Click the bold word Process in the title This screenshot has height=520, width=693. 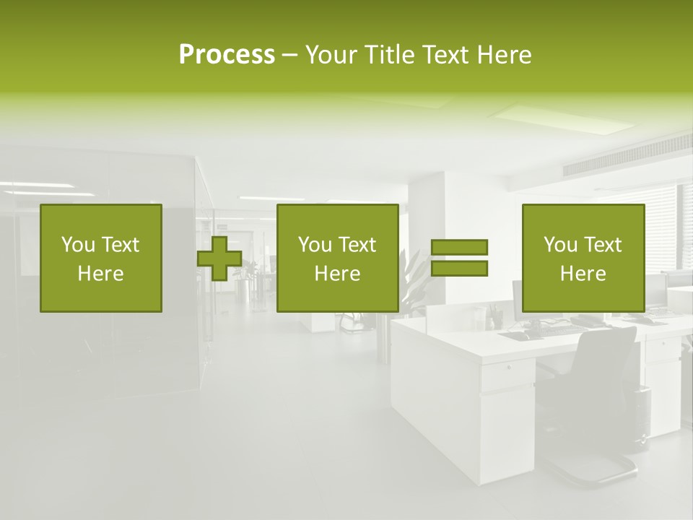tap(227, 55)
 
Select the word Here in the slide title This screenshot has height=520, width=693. tap(504, 55)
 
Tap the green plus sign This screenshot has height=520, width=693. tap(219, 259)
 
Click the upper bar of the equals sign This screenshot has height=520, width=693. tap(459, 247)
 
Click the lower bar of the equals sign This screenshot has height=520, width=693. tap(459, 269)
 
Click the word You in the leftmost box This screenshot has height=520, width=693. tap(78, 245)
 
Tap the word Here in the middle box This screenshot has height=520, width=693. tap(338, 274)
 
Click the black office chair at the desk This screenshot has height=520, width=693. tap(599, 376)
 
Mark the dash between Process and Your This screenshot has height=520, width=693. tap(289, 55)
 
